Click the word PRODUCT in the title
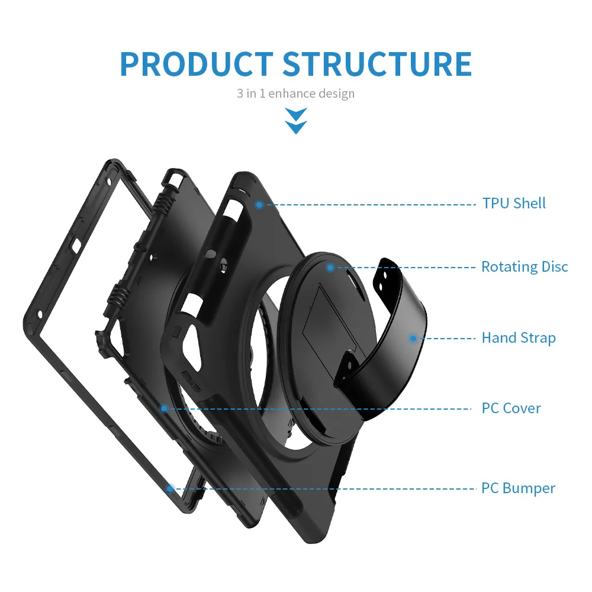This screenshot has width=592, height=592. click(196, 63)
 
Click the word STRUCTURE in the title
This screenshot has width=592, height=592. click(377, 63)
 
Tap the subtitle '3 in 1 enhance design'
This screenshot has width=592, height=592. click(295, 94)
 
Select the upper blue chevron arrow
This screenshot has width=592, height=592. click(295, 112)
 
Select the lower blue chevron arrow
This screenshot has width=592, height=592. click(295, 126)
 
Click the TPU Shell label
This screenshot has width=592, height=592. click(513, 204)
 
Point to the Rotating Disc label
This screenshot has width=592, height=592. click(524, 267)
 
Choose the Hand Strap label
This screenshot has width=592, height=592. click(518, 338)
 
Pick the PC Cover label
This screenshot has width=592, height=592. click(511, 408)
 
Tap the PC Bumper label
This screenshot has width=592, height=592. click(518, 488)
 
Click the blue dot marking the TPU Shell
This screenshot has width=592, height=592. click(259, 204)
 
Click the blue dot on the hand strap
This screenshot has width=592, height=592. click(413, 339)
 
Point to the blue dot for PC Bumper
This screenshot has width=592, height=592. click(170, 489)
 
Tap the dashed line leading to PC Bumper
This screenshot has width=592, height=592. click(326, 489)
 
